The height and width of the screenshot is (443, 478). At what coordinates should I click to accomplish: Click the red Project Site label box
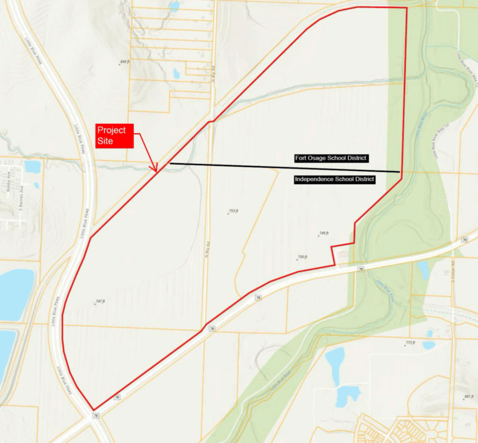[x=114, y=136]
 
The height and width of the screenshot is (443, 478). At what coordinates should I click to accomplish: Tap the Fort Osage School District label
[x=331, y=158]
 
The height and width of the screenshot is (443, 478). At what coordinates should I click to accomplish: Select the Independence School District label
[x=335, y=179]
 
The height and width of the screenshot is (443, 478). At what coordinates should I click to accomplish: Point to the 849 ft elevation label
[x=125, y=62]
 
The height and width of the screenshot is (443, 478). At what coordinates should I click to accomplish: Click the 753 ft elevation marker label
[x=234, y=211]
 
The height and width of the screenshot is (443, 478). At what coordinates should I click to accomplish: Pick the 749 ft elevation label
[x=324, y=233]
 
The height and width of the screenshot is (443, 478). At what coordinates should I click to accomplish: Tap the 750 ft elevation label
[x=302, y=257]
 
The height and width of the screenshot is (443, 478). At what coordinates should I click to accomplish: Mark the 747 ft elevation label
[x=99, y=301]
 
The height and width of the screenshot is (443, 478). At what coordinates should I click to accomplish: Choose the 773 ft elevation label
[x=410, y=343]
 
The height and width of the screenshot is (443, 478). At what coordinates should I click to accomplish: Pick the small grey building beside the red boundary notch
[x=343, y=254]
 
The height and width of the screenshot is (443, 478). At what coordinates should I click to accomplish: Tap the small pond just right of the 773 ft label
[x=429, y=345]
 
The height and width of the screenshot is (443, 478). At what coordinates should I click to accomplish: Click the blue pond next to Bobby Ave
[x=32, y=167]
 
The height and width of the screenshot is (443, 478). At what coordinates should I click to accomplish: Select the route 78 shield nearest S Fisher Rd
[x=464, y=240]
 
